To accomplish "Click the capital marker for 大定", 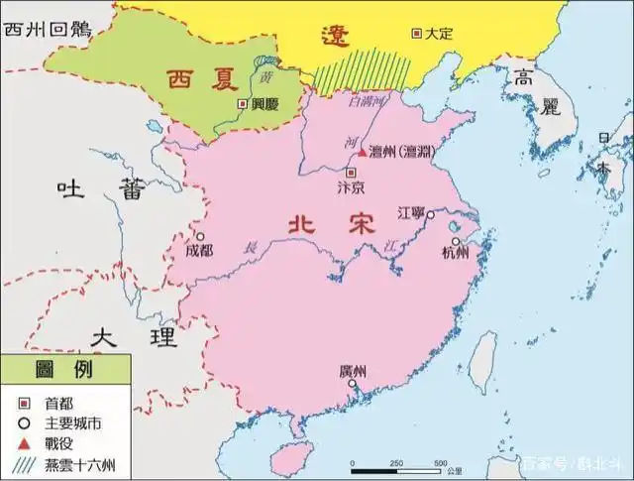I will (x=417, y=34).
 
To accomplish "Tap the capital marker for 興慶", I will (x=241, y=103).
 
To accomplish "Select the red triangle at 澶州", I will (x=363, y=152).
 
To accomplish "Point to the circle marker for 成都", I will (x=200, y=237).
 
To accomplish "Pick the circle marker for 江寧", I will (x=431, y=214).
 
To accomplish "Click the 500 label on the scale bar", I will (x=441, y=463).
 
